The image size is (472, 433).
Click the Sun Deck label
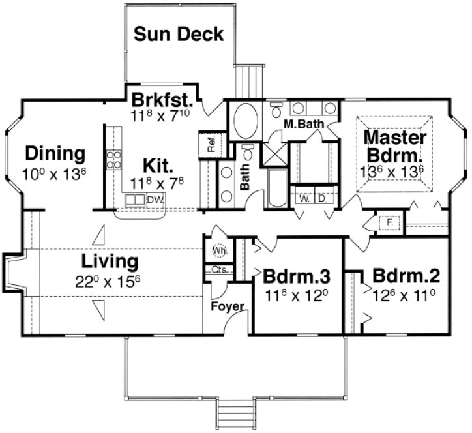[x=179, y=34]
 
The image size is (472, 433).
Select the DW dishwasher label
[x=155, y=200]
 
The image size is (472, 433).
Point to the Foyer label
[x=228, y=306]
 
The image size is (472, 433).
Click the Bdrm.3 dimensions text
[x=297, y=294]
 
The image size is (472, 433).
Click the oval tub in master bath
[x=246, y=121]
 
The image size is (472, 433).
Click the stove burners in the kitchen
[x=114, y=159]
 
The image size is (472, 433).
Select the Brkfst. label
[x=161, y=101]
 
